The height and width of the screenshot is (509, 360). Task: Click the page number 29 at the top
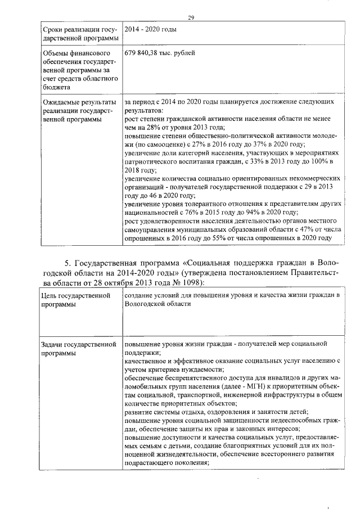coord(191,19)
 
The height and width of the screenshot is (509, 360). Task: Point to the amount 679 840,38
coord(145,53)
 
